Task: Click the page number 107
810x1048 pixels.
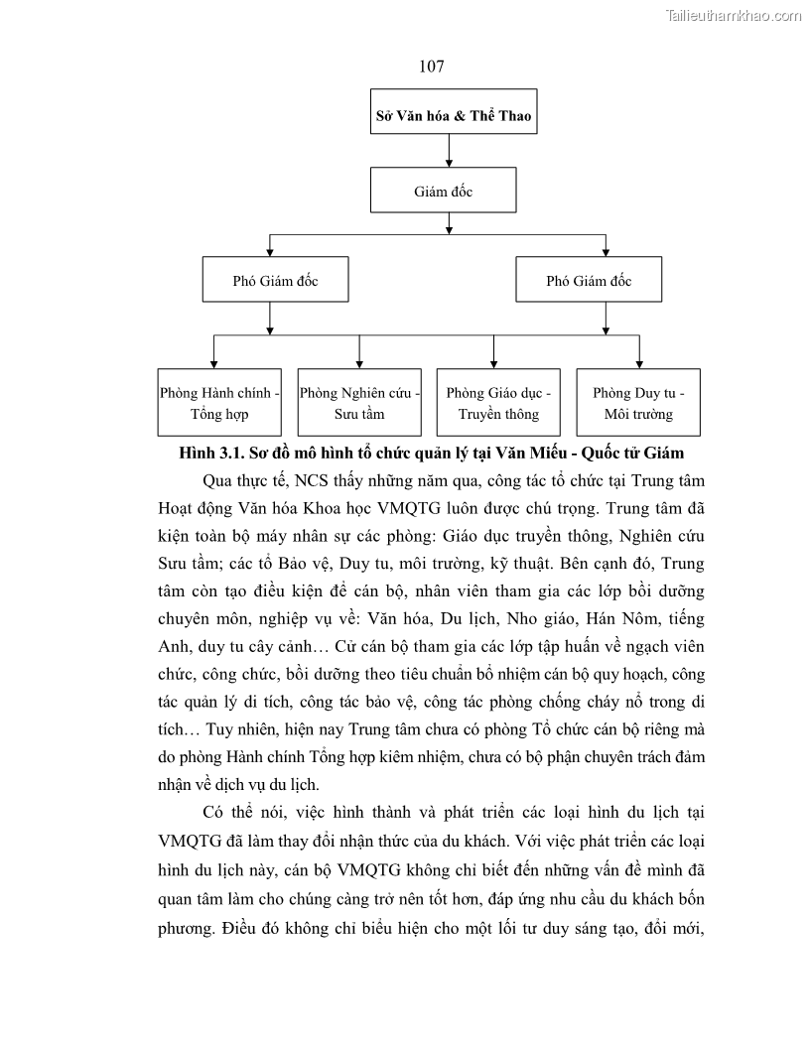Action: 431,66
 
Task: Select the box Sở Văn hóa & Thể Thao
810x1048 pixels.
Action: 453,115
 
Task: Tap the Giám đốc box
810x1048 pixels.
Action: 443,191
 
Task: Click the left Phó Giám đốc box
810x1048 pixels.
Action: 275,281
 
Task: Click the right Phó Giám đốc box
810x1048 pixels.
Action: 589,281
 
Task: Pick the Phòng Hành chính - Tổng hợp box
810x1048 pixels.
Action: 220,403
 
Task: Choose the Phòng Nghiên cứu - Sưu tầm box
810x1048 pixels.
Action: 359,403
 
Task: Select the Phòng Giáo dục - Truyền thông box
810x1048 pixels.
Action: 498,403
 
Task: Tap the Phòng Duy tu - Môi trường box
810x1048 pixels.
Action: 638,403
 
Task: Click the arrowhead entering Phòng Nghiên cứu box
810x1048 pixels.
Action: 359,363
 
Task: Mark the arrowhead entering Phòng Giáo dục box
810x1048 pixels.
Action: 494,363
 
